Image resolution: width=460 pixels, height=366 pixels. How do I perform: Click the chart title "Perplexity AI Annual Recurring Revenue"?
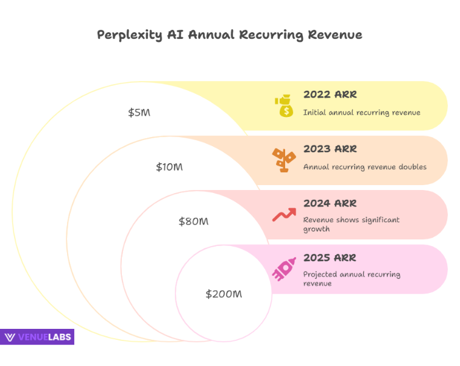point(230,35)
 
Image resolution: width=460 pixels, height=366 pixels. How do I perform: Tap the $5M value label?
point(139,113)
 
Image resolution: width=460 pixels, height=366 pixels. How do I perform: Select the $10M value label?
point(169,167)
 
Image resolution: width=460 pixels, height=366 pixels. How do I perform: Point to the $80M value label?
point(193,222)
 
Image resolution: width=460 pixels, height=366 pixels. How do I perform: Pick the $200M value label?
point(224,295)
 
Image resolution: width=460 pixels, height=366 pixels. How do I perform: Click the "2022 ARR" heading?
point(330,95)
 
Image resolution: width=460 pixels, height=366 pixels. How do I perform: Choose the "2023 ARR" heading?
point(330,149)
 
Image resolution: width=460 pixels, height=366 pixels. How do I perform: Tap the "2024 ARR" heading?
point(330,203)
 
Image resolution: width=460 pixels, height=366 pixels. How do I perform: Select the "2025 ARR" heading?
point(330,258)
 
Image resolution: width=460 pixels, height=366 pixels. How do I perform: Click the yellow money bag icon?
point(283,106)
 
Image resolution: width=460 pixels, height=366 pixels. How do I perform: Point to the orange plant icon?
point(283,160)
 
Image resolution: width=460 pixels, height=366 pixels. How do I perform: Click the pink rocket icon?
point(283,270)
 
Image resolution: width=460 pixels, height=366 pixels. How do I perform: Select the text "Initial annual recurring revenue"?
point(361,113)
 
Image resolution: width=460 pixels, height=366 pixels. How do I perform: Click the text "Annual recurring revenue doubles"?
point(364,167)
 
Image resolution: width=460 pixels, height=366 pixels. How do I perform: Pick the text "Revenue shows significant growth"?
point(351,225)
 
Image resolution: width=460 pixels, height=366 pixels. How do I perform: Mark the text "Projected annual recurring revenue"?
point(352,279)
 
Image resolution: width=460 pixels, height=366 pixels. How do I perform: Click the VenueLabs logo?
point(38,337)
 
